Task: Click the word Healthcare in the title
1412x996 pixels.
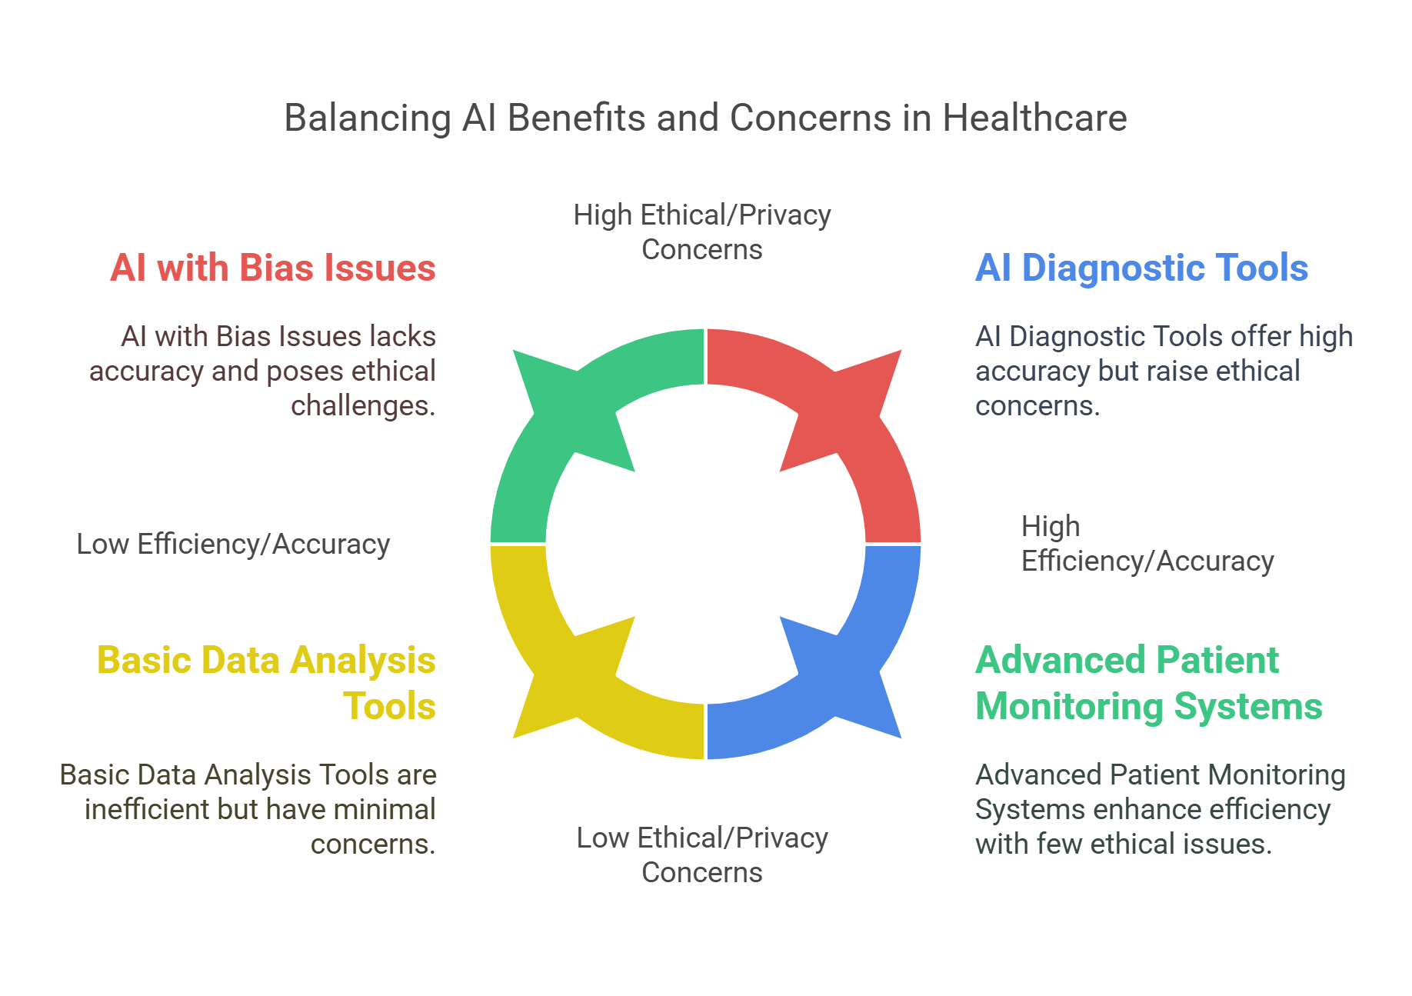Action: (1034, 118)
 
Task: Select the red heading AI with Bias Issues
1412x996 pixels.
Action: (273, 268)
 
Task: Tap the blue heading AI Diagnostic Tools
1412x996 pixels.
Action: (1141, 268)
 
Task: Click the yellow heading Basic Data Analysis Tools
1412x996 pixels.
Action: (266, 683)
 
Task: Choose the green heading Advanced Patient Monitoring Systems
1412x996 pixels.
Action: (1148, 683)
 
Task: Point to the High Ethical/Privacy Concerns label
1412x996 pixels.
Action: (702, 232)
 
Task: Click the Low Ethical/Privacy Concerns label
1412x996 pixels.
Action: (702, 854)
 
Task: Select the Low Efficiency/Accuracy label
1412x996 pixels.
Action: (233, 545)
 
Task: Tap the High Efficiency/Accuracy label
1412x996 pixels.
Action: (1147, 544)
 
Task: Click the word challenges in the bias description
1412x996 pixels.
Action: (362, 406)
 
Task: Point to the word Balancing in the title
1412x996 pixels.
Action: (368, 118)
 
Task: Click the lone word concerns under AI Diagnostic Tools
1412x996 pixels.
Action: (1037, 406)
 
